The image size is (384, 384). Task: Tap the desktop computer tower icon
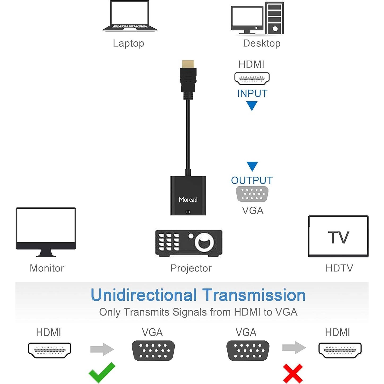pos(275,18)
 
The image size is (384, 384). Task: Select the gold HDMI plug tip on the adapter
pos(188,64)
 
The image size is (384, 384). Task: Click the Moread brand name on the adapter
pos(188,200)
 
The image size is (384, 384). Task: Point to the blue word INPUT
pos(252,93)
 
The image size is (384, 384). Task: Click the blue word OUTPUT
pos(252,180)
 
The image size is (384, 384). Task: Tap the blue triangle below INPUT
pos(252,106)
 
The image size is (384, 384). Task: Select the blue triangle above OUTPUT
pos(252,166)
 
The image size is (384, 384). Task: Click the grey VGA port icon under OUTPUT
pos(252,194)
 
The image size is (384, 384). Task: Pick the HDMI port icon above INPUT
pos(252,79)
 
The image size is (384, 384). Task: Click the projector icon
pos(189,243)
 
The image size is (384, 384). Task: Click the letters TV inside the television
pos(338,237)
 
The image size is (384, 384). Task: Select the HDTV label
pos(339,268)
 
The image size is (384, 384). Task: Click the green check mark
pos(102,372)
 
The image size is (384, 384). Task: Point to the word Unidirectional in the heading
pos(144,295)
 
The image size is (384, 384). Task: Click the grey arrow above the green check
pos(102,349)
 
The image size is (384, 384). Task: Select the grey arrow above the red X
pos(294,348)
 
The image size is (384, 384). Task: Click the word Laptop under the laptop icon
pos(128,43)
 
